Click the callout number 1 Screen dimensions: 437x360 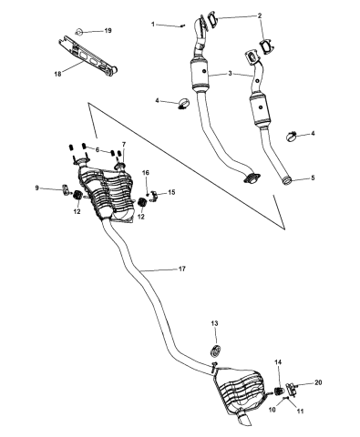(x=154, y=24)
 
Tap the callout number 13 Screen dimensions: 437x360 (x=215, y=323)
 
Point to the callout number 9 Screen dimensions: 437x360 (x=37, y=188)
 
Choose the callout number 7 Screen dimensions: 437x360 (x=124, y=145)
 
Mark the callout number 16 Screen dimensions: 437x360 (x=144, y=172)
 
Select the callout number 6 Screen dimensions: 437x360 (x=96, y=149)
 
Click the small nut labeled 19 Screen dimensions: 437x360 (x=79, y=30)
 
